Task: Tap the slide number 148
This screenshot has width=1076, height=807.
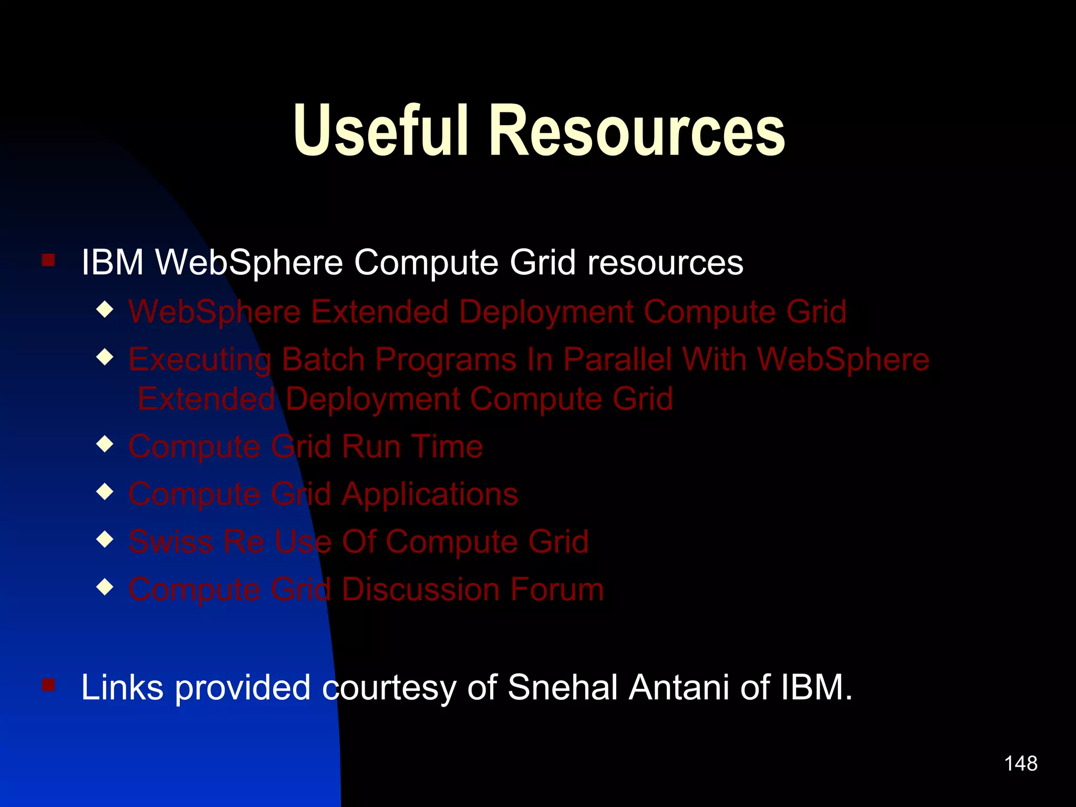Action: pyautogui.click(x=1020, y=763)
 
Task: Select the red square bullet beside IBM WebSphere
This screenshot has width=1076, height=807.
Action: pyautogui.click(x=48, y=260)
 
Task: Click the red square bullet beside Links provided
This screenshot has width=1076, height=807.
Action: pyautogui.click(x=48, y=685)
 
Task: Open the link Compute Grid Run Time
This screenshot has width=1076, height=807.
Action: pyautogui.click(x=305, y=447)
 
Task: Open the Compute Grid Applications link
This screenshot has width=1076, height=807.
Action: pyautogui.click(x=323, y=494)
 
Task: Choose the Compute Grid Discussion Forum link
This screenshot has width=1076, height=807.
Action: pyautogui.click(x=366, y=589)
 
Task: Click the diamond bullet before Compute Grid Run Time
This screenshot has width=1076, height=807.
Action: pyautogui.click(x=105, y=444)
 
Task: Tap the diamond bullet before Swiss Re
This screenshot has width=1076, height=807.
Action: pyautogui.click(x=105, y=539)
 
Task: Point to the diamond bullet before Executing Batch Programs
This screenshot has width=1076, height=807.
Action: pyautogui.click(x=105, y=358)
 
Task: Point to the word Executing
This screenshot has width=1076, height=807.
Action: pyautogui.click(x=200, y=361)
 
